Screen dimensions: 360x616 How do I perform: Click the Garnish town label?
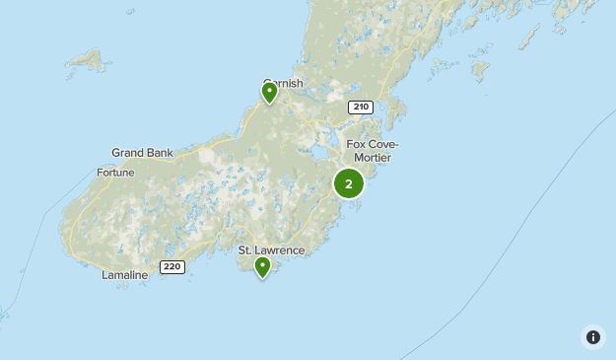[x=283, y=84]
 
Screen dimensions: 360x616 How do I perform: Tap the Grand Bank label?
[x=142, y=153]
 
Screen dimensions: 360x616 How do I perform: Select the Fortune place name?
[x=115, y=173]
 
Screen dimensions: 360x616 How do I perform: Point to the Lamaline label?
[x=124, y=275]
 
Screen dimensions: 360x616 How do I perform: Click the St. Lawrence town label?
[x=271, y=251]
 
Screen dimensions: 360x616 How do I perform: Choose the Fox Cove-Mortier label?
[x=372, y=151]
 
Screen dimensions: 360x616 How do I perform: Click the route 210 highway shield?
[x=360, y=107]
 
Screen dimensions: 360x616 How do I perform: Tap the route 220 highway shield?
[x=172, y=267]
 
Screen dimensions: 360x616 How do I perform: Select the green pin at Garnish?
[x=269, y=93]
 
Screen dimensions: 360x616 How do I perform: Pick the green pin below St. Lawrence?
[x=263, y=267]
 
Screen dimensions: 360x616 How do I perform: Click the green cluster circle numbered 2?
[x=348, y=183]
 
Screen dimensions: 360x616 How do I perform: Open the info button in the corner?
[x=593, y=337]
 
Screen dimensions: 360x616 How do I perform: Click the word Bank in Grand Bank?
[x=159, y=153]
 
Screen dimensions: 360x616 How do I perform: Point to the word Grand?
[x=128, y=153]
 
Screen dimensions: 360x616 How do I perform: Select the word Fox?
[x=356, y=145]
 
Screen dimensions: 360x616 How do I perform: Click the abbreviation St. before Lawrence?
[x=245, y=251]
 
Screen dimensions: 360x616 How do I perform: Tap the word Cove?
[x=380, y=145]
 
